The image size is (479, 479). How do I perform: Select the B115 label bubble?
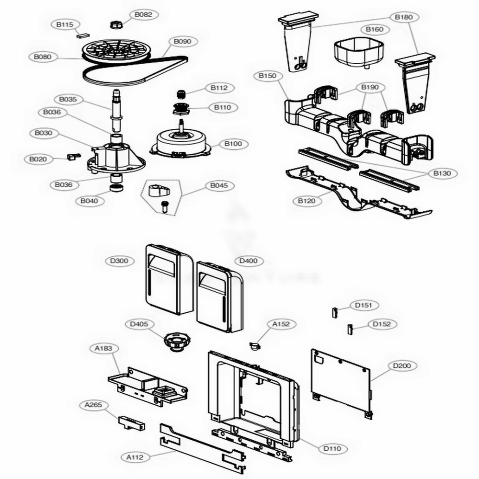point(61,24)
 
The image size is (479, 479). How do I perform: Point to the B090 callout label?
point(182,42)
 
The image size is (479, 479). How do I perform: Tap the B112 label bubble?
point(219,88)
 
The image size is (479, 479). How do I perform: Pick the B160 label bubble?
point(374,29)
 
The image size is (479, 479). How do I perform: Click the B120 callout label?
point(307,201)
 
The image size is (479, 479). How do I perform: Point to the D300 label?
point(118,261)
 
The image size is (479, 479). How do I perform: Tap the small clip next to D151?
point(335,313)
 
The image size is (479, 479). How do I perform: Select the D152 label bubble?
point(382,324)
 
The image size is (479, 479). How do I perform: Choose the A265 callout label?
point(93,405)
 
